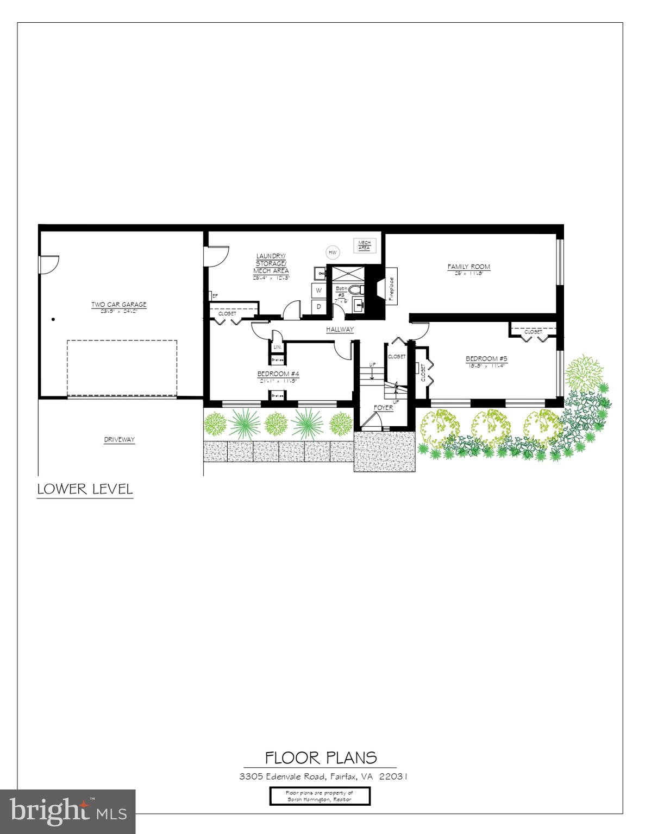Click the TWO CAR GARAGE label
point(118,305)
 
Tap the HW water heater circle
point(332,252)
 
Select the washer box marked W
point(319,290)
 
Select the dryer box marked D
point(319,307)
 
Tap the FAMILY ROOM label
point(468,267)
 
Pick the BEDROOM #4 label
point(278,374)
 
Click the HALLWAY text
point(340,330)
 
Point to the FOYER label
point(383,408)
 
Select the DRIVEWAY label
point(119,440)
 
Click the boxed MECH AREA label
point(364,245)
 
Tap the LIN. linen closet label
point(277,347)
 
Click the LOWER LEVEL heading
point(85,489)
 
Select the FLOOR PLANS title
point(321,757)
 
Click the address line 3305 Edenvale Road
point(323,776)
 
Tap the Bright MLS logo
point(67,811)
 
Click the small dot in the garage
point(53,319)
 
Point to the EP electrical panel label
point(215,296)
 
